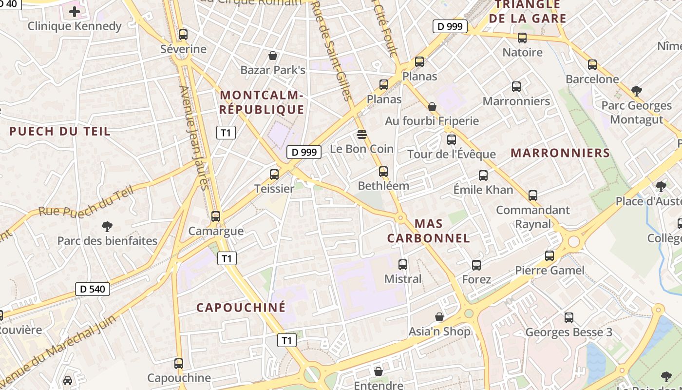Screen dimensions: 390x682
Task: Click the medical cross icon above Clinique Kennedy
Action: pos(74,11)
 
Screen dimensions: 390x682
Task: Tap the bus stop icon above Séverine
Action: pos(183,35)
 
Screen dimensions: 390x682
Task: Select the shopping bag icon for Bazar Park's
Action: pos(273,56)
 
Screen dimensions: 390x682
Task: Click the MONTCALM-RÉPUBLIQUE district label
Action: pos(262,102)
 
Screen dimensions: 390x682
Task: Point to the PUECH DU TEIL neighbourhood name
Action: pos(60,131)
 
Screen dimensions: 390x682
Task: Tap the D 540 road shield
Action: pos(93,289)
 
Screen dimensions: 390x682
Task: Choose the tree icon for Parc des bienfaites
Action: pos(107,226)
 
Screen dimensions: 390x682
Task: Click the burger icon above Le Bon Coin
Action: pos(361,134)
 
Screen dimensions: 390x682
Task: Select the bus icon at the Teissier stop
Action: pos(274,174)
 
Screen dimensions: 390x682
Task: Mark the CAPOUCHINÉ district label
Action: pos(241,308)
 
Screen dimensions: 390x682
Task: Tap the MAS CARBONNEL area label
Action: pos(428,231)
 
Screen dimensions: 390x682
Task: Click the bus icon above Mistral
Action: pos(403,265)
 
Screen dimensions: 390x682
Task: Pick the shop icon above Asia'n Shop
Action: pos(439,317)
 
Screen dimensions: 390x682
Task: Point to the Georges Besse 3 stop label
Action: pos(568,332)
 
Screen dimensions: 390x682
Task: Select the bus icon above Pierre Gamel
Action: pos(549,256)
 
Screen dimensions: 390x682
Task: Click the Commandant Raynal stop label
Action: pos(533,217)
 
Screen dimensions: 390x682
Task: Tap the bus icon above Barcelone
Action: pos(592,64)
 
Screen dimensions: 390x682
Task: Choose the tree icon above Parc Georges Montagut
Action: pos(636,91)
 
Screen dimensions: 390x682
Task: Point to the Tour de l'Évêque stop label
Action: pos(452,155)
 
